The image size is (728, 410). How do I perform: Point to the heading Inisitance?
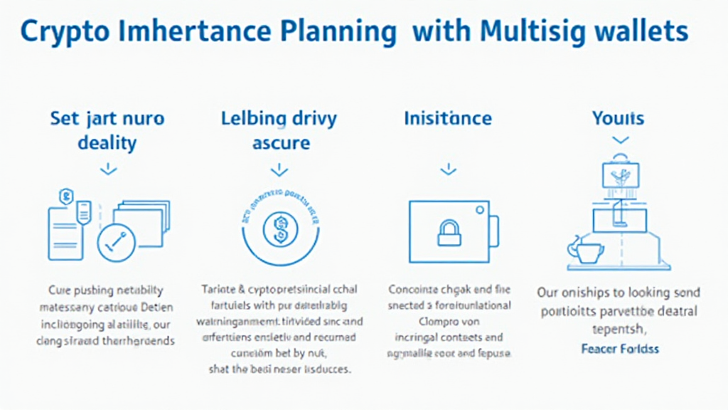(448, 118)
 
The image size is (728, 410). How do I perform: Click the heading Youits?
(618, 118)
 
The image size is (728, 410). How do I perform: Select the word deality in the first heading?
(107, 143)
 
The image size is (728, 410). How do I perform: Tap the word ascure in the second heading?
(280, 143)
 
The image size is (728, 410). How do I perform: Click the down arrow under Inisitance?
(448, 170)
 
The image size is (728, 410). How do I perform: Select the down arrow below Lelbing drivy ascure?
(279, 170)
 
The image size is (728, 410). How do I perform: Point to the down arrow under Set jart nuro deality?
(107, 169)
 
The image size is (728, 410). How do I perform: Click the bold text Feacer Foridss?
(619, 349)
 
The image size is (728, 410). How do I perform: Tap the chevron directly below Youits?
(620, 140)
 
